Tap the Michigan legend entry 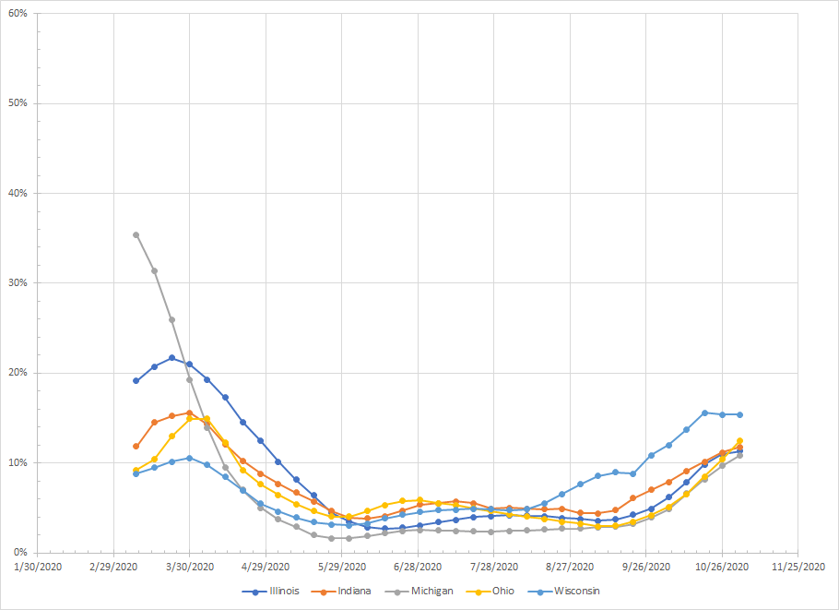pos(432,591)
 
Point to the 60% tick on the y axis pos(18,14)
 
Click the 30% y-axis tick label pos(18,282)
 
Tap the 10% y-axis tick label pos(18,462)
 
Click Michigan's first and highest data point pos(136,234)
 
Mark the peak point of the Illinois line pos(171,358)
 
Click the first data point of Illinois pos(136,380)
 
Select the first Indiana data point pos(136,446)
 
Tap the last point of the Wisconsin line pos(739,414)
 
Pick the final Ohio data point pos(739,441)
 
